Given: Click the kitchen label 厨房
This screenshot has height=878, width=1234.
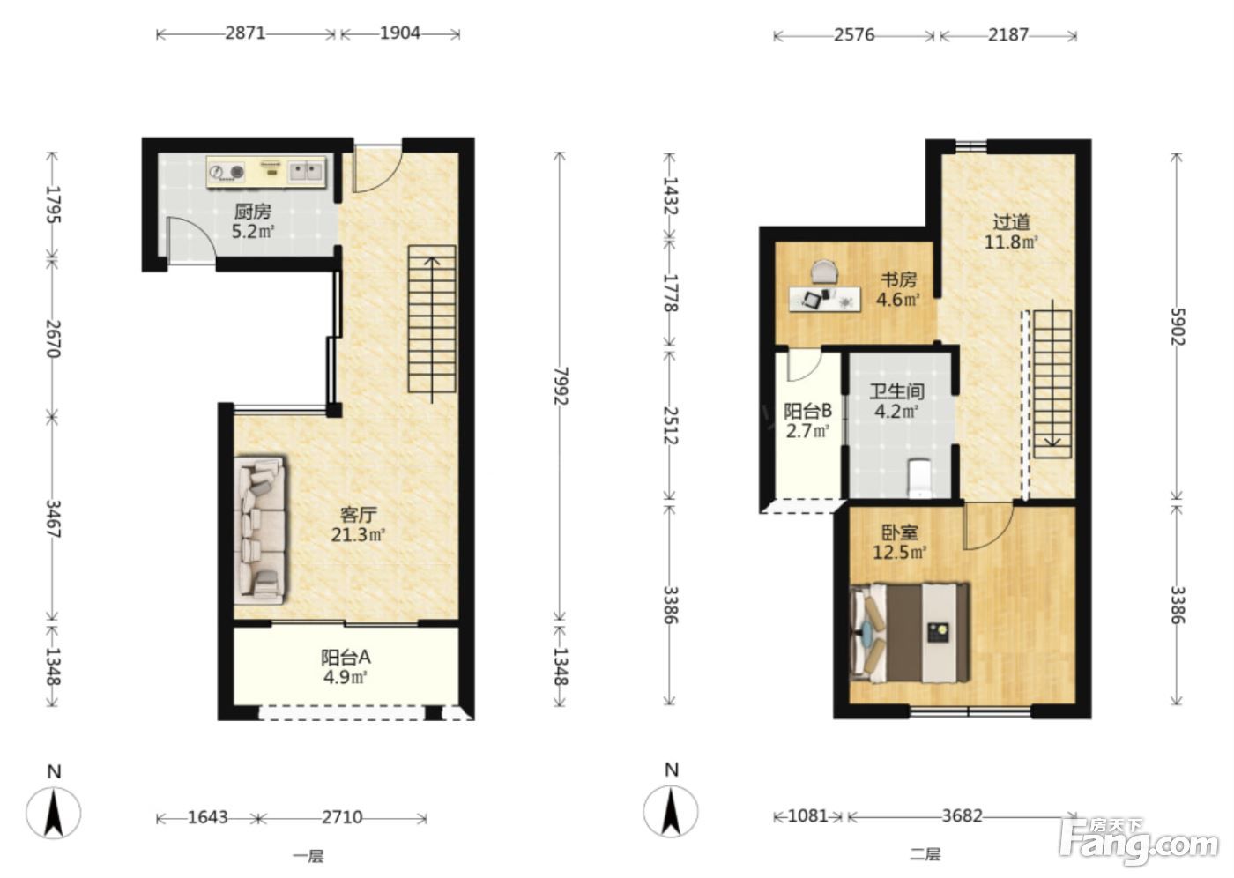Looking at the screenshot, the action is click(253, 212).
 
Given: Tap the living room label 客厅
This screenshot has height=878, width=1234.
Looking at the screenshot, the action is click(359, 515).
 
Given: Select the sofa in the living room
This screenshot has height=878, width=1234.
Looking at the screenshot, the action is click(260, 530).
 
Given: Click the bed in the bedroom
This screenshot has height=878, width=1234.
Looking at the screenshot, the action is click(911, 633).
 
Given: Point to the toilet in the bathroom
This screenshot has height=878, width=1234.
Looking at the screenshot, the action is click(919, 478).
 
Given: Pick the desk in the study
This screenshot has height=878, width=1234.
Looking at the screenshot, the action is click(825, 299).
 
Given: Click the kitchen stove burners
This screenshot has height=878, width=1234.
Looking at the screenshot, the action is click(227, 173).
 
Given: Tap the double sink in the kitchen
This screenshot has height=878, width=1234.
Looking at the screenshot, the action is click(307, 171).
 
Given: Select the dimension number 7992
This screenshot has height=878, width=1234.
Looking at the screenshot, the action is click(561, 386).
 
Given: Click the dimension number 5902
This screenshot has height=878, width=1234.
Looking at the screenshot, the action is click(1178, 327).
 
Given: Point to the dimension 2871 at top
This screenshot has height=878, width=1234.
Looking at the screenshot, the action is click(246, 33).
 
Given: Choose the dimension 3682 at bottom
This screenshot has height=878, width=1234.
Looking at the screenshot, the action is click(963, 815).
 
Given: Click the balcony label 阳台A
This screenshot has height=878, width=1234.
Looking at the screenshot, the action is click(346, 657).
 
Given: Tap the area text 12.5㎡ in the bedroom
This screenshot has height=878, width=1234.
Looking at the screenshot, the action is click(899, 552).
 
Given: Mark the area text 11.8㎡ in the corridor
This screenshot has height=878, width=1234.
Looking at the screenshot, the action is click(1012, 242).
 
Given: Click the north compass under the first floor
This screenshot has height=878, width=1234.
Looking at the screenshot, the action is click(54, 813).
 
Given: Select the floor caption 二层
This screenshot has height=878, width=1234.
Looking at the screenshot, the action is click(925, 854).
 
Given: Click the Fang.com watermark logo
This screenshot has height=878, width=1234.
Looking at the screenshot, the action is click(1141, 845).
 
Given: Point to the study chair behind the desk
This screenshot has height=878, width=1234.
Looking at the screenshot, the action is click(825, 272).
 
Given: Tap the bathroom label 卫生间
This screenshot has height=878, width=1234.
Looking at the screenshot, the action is click(897, 391).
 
